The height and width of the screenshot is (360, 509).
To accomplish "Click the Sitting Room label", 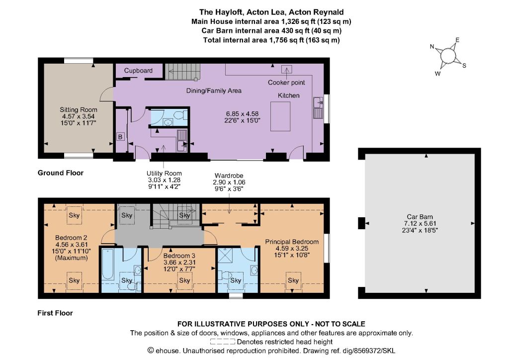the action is pos(78,110).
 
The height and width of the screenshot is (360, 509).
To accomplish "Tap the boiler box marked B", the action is pos(120,137).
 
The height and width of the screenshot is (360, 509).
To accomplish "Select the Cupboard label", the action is pos(138,71).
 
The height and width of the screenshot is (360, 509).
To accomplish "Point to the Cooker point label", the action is pos(286,83).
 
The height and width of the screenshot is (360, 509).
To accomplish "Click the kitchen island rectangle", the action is pos(280,116).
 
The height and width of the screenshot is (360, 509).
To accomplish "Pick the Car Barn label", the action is pos(420,216).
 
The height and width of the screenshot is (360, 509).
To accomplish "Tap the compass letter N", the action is pos(432,46).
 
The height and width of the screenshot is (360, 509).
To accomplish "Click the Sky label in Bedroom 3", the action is pos(184,280).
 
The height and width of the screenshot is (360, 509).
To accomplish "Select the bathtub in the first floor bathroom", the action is pos(108,265).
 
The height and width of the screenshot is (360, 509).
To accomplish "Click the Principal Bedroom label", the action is pos(292,242).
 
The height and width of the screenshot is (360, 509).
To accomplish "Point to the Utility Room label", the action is pos(164,174).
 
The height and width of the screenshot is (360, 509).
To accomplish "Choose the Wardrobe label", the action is pos(229,176).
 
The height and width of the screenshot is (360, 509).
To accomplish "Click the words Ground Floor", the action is pos(60,173).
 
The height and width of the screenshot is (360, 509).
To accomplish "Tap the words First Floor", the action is pos(55,313).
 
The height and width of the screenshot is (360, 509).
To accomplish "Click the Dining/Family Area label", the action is pos(214,90).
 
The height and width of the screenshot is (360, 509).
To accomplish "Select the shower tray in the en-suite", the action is pos(223,255).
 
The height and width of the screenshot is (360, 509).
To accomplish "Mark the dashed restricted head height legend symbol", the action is pos(222,342).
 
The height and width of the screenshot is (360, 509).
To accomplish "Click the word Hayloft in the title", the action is pos(229,12).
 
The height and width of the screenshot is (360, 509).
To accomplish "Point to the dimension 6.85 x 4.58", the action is pos(242,113).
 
